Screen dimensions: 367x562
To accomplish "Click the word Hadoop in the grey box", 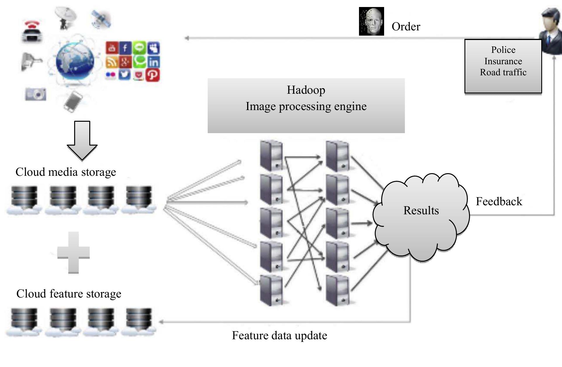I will coord(306,90).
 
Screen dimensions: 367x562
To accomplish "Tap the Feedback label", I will coord(499,201).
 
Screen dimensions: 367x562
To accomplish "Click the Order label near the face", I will coord(406,27).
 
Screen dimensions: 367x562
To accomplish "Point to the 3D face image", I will coord(371,21).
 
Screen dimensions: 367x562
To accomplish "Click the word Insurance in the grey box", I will coord(503,61).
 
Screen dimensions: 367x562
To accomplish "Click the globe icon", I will coord(75,62).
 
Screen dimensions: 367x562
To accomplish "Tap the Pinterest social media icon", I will coord(152,75).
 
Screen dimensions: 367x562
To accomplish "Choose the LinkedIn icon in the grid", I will coord(153,62).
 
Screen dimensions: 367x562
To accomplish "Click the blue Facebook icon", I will coord(125,48).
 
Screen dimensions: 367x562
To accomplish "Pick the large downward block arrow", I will coord(82,140).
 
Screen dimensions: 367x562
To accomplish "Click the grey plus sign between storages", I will coord(73,252).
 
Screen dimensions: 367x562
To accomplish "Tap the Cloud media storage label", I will coord(66,172).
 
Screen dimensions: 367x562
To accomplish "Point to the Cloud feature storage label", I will coord(69,294).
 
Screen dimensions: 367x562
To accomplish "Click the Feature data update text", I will coord(279,335).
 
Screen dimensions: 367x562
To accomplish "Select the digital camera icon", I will coord(36,94).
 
